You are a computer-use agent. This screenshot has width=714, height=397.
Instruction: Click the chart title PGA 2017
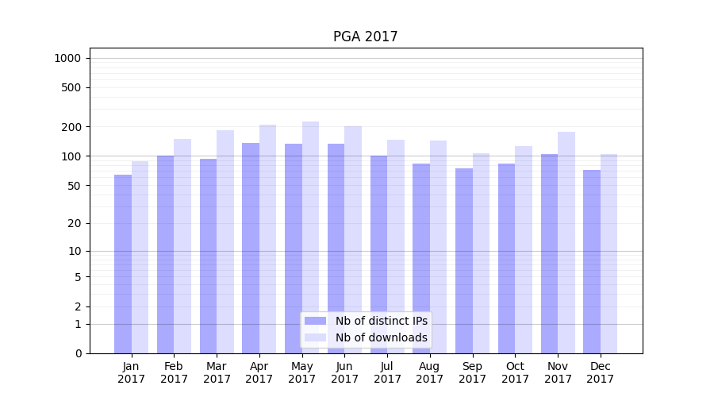click(365, 37)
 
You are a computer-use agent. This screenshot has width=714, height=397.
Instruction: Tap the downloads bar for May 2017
click(310, 237)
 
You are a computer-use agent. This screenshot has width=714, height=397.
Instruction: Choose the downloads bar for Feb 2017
click(182, 246)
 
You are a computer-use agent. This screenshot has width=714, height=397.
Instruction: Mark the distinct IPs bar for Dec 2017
click(592, 261)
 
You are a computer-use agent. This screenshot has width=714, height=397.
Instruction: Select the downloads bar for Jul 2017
click(396, 246)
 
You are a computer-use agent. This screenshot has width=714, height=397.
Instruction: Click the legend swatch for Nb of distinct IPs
click(316, 321)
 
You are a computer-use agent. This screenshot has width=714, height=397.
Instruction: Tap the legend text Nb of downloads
click(381, 337)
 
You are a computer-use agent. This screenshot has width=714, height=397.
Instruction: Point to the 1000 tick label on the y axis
click(67, 58)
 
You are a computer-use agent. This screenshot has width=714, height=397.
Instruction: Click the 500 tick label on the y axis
click(71, 87)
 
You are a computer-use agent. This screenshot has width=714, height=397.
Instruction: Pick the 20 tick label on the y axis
click(75, 223)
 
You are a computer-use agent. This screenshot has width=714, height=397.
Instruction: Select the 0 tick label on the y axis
click(78, 353)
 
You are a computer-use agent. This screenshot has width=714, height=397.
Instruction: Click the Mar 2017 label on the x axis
click(217, 372)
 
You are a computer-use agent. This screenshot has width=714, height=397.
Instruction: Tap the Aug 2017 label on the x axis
click(430, 372)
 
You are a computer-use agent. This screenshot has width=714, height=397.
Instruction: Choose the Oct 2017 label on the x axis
click(515, 372)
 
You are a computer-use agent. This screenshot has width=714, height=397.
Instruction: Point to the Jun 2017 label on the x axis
click(344, 372)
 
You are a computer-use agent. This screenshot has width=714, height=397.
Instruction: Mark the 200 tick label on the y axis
click(71, 127)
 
